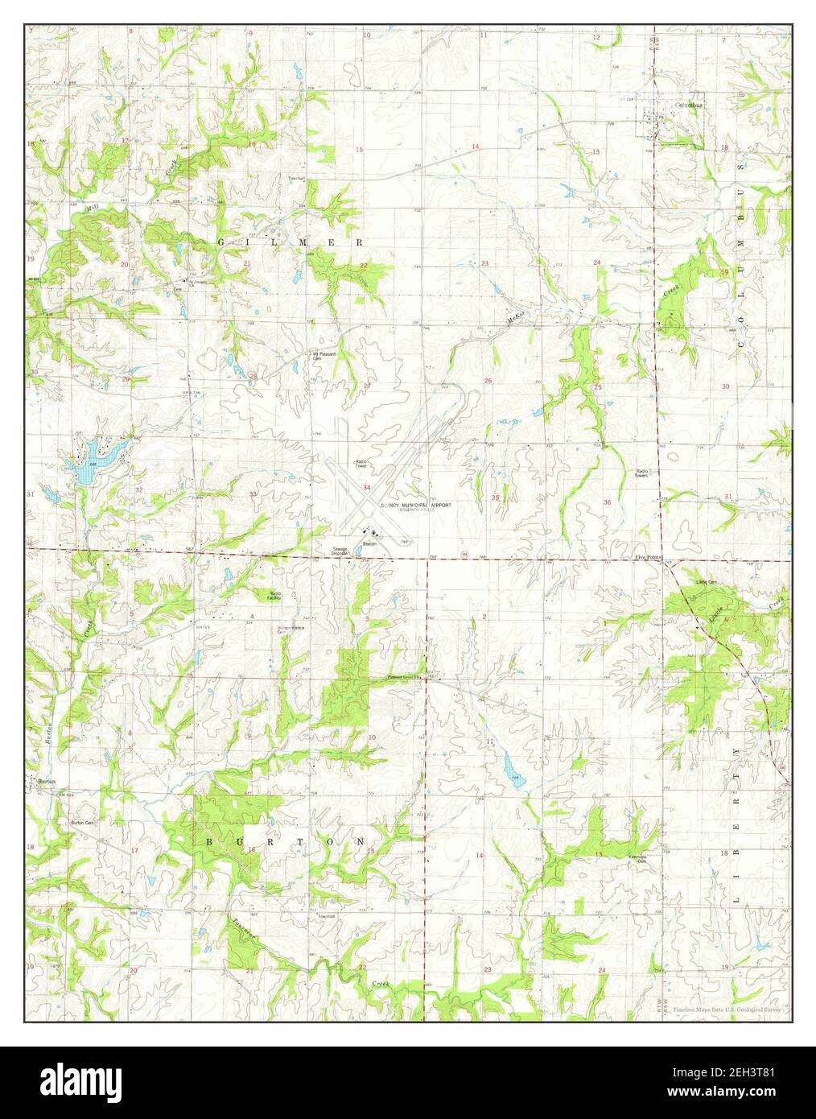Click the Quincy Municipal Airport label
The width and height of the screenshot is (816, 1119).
(x=410, y=504)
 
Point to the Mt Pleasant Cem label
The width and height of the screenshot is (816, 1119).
(x=324, y=355)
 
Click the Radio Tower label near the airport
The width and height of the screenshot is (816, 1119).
(x=362, y=464)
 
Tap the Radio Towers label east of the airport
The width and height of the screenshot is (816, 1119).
(x=642, y=473)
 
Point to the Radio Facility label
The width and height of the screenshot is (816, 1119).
(x=275, y=596)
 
